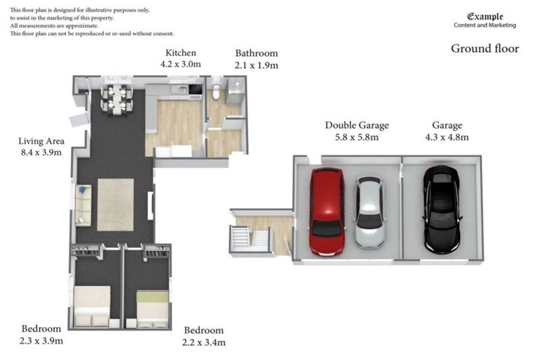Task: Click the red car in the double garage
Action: [327, 211]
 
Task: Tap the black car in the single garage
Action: [441, 209]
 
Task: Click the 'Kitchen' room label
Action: [181, 53]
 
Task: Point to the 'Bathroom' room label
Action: [256, 53]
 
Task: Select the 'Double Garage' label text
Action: [356, 125]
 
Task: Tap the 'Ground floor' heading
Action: [484, 49]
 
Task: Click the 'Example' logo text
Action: [485, 16]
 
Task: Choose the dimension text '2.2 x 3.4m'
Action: [204, 342]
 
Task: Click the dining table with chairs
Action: [117, 98]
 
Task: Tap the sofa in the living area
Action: [83, 205]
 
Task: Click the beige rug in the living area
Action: [115, 205]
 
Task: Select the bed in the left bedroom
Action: [92, 306]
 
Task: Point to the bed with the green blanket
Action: [153, 309]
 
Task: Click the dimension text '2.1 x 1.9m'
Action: [256, 65]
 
